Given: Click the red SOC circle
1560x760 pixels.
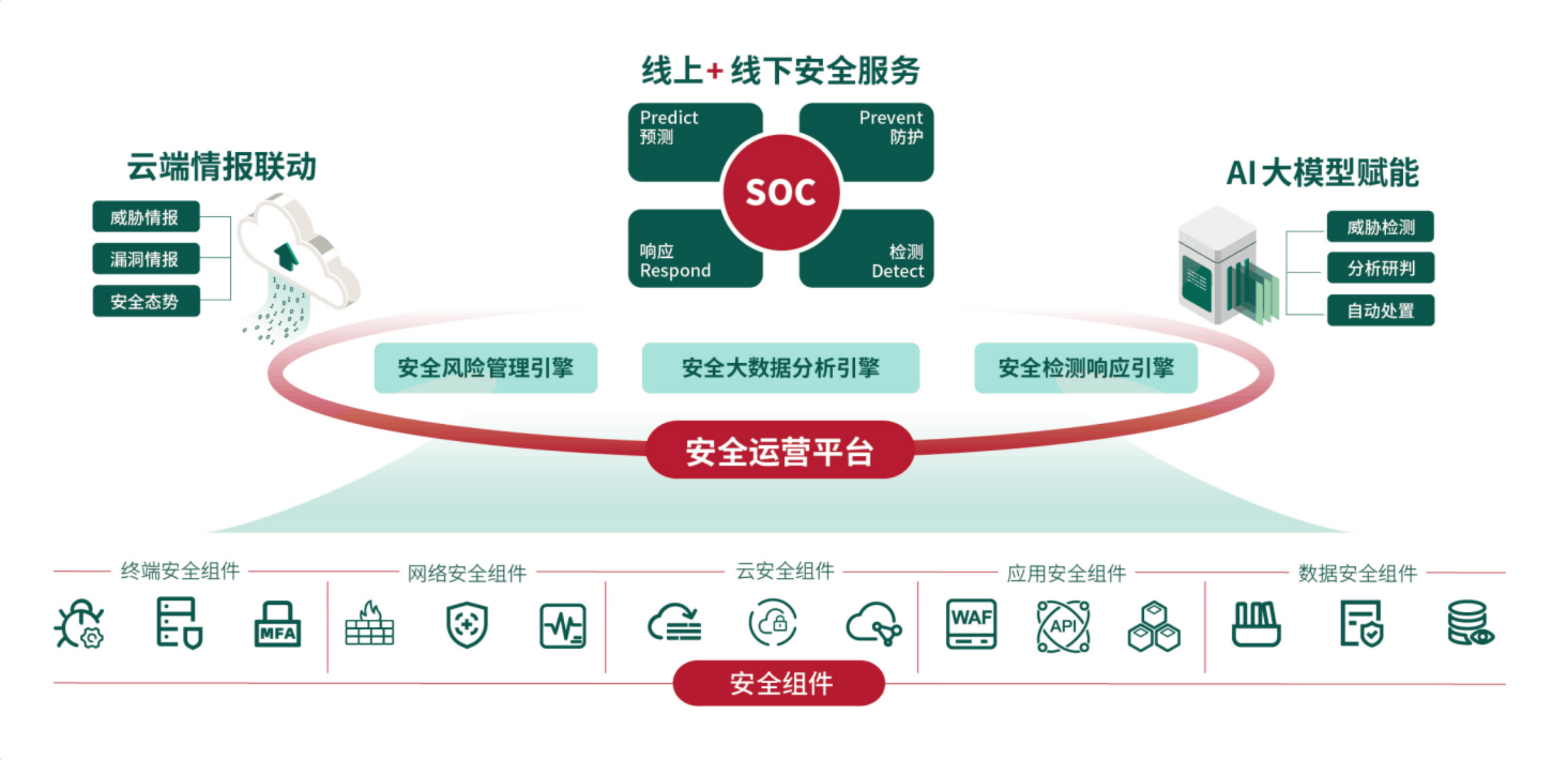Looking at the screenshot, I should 781,193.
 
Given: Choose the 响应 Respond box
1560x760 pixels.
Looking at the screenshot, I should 676,256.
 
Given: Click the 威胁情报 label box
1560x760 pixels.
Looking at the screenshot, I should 146,217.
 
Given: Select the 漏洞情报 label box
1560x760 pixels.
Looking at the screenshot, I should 146,259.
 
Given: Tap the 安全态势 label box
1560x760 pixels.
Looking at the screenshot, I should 146,301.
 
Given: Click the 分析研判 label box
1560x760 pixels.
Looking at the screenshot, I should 1380,268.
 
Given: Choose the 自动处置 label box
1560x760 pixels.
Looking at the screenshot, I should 1380,310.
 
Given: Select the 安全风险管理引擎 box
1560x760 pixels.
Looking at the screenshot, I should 485,368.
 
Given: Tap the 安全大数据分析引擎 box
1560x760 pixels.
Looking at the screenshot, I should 780,368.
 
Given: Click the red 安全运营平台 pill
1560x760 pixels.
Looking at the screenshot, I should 779,450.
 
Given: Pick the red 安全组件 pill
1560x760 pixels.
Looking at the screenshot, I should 779,683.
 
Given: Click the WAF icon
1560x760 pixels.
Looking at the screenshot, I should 971,624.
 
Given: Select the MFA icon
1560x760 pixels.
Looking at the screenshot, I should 277,625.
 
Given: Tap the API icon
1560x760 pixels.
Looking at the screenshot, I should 1063,626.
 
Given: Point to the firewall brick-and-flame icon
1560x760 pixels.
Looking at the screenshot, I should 370,624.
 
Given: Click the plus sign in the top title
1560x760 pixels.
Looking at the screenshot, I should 714,72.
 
